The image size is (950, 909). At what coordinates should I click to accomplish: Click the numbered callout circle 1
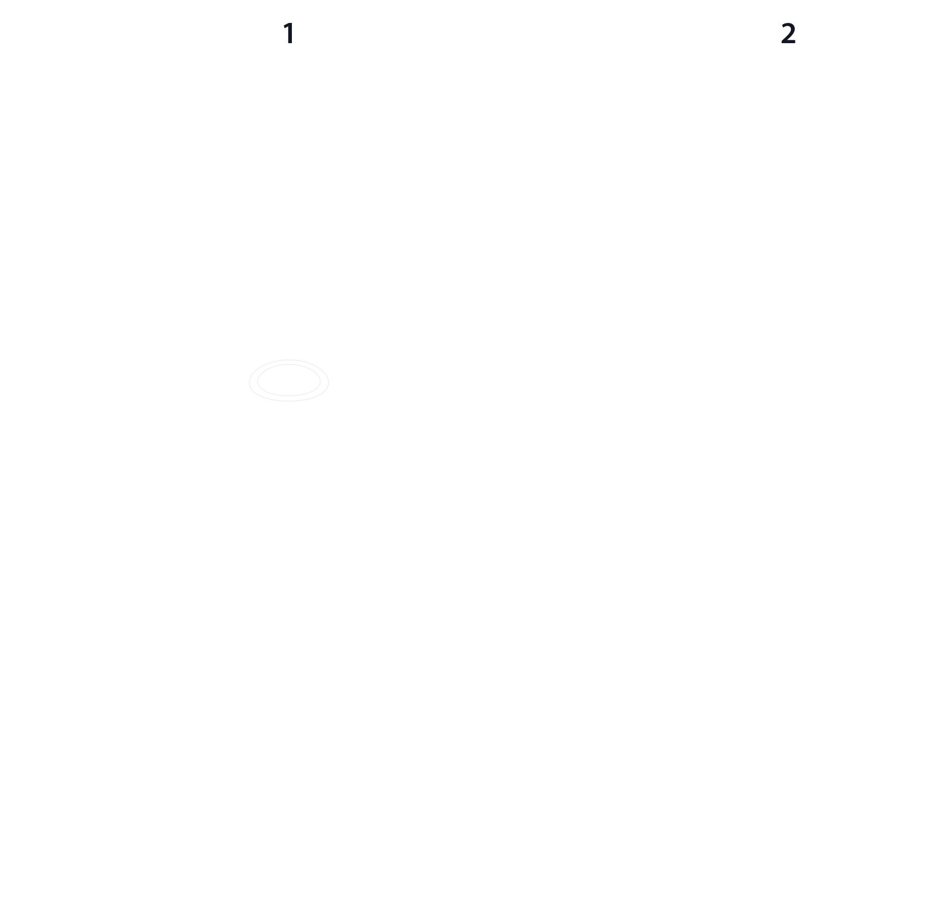coord(289,34)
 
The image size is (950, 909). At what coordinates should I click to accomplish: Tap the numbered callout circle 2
coord(788,34)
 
